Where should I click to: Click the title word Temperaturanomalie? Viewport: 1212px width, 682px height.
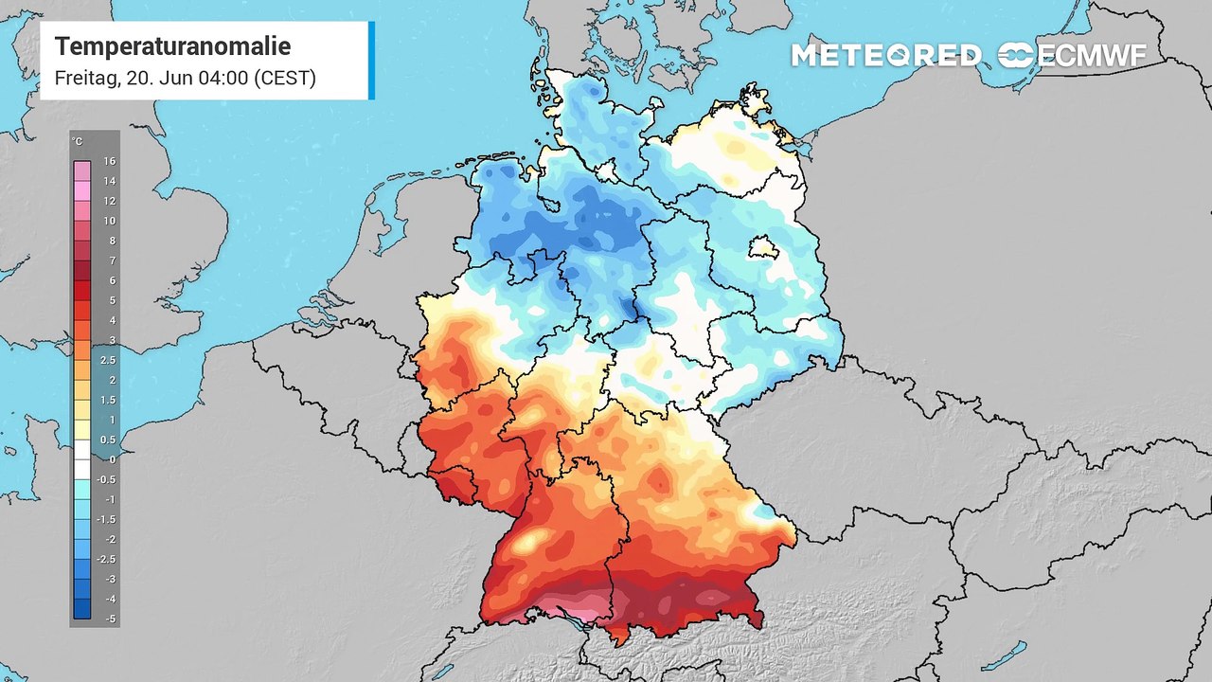tap(172, 46)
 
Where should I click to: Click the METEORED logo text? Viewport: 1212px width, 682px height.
tap(885, 56)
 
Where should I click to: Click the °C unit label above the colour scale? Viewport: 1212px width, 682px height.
tap(78, 142)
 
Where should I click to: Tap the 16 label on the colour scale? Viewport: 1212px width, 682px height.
tap(110, 161)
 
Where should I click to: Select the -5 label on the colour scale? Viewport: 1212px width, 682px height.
tap(110, 618)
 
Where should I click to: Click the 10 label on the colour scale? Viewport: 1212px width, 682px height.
tap(110, 221)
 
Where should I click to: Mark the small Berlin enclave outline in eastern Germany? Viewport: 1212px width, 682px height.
tap(763, 248)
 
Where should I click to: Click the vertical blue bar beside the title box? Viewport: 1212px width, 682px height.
tap(371, 60)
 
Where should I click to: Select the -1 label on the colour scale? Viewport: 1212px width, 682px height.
tap(110, 499)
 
